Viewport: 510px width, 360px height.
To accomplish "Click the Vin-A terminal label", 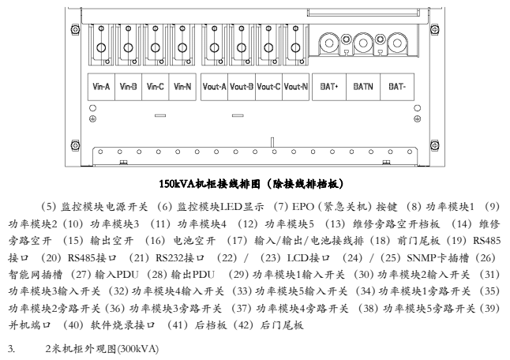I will (102, 85).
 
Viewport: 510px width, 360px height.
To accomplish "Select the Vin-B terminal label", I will (129, 85).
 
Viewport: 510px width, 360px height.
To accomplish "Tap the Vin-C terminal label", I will (156, 85).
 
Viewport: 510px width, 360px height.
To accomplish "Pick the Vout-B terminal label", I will (242, 85).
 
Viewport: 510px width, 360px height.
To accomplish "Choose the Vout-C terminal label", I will (268, 85).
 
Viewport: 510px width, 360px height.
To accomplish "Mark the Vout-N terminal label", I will (295, 85).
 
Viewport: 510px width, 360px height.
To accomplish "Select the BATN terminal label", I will (363, 85).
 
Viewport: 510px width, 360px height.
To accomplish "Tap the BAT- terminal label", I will (397, 85).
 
